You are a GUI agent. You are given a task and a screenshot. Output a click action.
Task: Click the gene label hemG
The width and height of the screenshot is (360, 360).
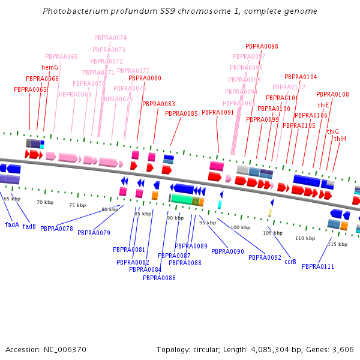point(50,67)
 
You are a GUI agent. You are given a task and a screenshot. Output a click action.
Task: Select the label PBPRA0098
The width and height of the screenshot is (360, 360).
point(262,46)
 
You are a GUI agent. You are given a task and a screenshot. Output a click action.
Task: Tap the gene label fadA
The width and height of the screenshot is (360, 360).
point(12,224)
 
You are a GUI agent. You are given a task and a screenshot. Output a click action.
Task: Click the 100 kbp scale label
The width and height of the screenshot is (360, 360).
point(240,227)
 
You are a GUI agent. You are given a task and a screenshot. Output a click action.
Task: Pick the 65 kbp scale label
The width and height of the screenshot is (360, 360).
point(12,198)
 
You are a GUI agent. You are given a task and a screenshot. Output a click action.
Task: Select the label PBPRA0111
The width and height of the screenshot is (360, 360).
point(318,266)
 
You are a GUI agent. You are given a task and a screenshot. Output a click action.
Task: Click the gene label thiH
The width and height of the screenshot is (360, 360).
point(340,139)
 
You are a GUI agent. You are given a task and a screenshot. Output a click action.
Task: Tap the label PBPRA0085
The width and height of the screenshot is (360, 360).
point(181,113)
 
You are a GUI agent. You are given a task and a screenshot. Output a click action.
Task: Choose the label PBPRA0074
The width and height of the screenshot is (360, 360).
point(110,38)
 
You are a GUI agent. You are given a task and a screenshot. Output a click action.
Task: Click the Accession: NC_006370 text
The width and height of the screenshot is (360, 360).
point(46,349)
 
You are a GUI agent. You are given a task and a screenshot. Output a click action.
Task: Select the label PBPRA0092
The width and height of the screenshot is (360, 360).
point(265,257)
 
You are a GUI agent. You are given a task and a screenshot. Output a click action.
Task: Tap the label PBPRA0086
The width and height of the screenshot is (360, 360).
point(159,278)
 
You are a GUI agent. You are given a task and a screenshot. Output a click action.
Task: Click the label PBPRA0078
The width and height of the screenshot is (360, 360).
point(56,229)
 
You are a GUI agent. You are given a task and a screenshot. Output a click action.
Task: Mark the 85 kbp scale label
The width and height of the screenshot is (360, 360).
point(143,214)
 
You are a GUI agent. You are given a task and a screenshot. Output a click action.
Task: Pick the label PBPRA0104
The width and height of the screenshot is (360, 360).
point(301,77)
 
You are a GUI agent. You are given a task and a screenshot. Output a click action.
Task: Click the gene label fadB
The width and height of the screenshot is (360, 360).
point(29,226)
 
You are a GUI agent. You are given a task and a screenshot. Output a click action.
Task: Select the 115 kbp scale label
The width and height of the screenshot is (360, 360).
point(338,244)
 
